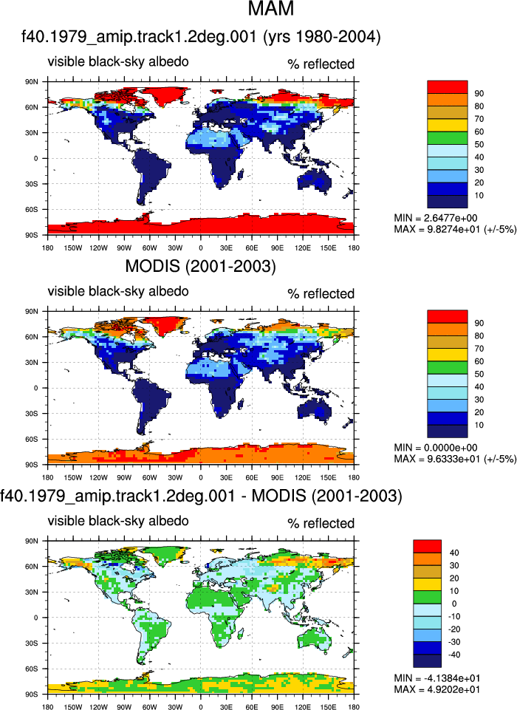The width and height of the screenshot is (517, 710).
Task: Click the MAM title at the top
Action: point(271,8)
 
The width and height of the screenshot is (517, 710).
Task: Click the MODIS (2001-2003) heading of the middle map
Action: point(201,266)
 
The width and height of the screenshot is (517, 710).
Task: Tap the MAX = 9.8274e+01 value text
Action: point(436,229)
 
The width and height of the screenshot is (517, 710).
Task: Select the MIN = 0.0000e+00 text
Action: point(435,448)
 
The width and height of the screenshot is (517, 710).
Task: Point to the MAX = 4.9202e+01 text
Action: point(437,689)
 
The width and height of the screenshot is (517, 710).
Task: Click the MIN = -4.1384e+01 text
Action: point(437,677)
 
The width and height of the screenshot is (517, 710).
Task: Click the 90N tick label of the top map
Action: point(32,82)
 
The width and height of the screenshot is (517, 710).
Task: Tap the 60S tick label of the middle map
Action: point(32,439)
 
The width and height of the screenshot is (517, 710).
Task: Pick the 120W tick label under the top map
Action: point(98,248)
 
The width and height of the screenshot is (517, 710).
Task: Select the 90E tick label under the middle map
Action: point(278,477)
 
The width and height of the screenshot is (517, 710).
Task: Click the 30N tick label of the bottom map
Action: point(32,593)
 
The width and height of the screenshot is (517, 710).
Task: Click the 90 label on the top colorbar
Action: point(479,93)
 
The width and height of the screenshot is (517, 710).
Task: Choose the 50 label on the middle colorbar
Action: point(479,374)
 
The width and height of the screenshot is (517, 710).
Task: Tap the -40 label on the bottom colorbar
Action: point(453,655)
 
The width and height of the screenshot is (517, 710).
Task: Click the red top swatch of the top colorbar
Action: point(448,87)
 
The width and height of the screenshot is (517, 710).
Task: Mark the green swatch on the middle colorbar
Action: point(448,367)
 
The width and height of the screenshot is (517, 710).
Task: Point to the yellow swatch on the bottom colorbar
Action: point(427,584)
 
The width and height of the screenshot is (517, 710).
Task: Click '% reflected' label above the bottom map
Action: point(321,523)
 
